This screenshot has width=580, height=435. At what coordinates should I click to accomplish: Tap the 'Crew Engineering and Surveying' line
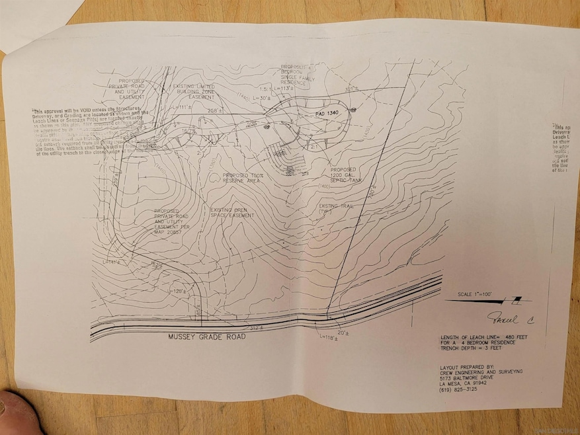pos(481,372)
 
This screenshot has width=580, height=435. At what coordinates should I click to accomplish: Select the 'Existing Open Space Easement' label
pos(232,213)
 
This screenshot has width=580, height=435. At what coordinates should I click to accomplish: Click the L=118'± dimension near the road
pos(329,338)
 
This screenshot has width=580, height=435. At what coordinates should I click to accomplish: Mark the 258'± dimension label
pos(213,110)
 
